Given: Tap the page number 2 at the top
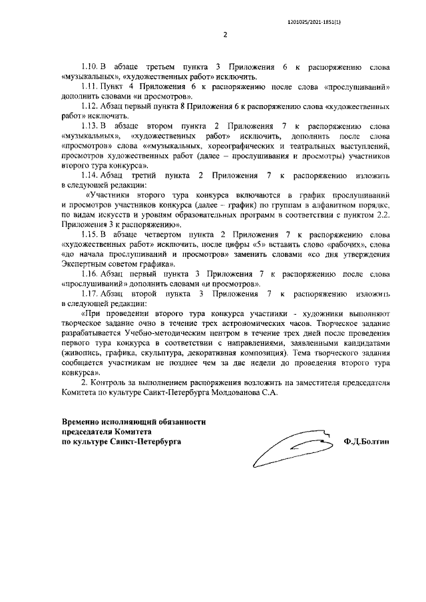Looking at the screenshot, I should point(226,35).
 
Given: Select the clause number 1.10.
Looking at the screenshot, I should point(90,68).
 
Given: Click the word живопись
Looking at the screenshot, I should point(81,356).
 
